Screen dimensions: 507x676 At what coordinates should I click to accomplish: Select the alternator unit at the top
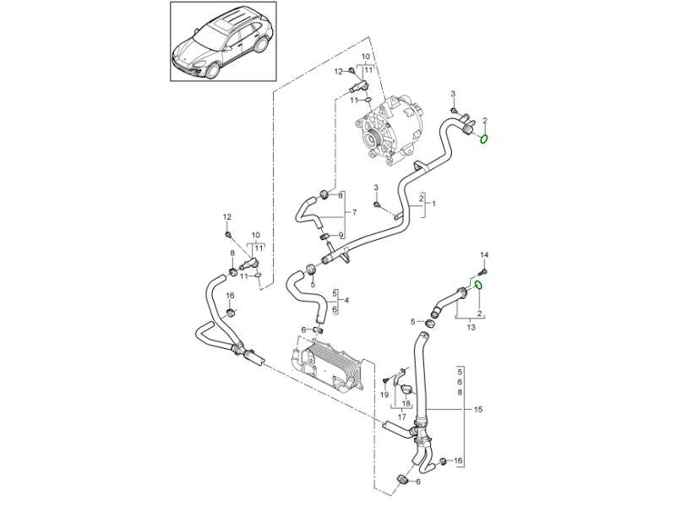click(391, 131)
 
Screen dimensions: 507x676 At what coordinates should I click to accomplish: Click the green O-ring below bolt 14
click(477, 286)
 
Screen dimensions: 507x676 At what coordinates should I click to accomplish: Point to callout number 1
click(433, 204)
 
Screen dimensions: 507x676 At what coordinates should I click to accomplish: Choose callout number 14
click(484, 254)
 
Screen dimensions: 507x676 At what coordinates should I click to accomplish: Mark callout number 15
click(477, 409)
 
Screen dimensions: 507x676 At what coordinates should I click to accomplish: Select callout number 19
click(384, 395)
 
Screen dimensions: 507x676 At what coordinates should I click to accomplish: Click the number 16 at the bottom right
click(458, 461)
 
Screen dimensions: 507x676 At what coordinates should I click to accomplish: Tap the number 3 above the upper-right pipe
click(453, 93)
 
